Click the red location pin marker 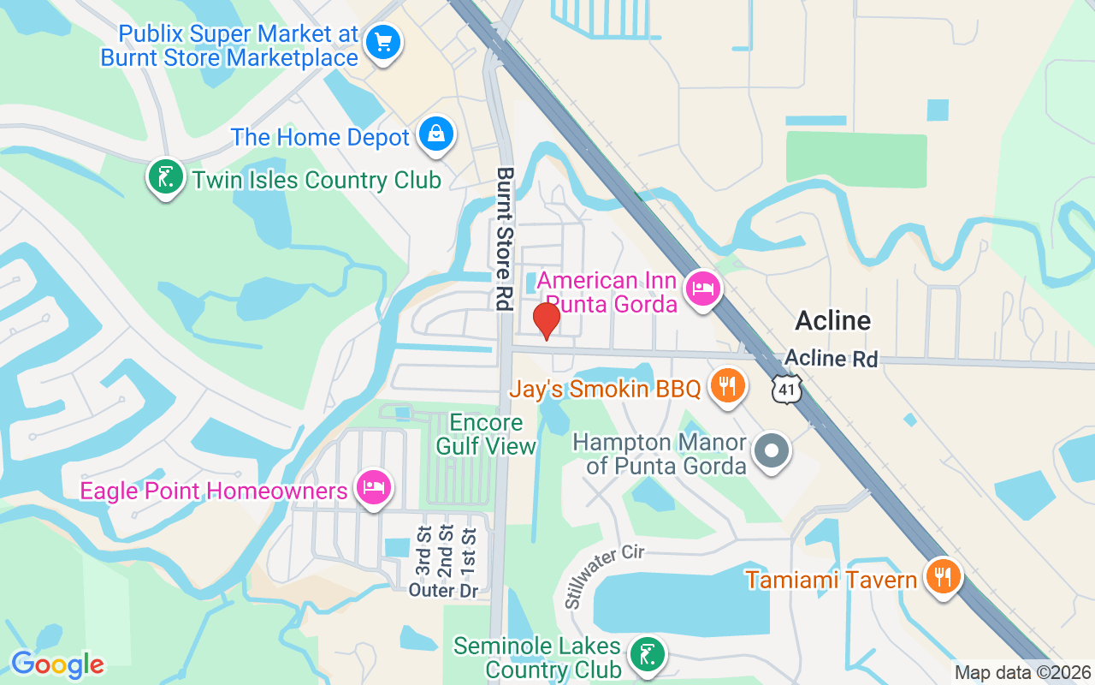[x=546, y=319]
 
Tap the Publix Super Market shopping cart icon [x=382, y=41]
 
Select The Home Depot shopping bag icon [x=436, y=134]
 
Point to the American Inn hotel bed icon [x=702, y=287]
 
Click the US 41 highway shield [x=784, y=389]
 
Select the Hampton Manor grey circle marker [x=772, y=450]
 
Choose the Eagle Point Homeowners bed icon [x=373, y=487]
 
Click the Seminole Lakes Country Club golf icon [x=647, y=655]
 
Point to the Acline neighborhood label [x=832, y=321]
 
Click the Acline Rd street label [x=831, y=358]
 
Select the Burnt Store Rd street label [x=504, y=239]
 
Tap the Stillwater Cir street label [x=603, y=574]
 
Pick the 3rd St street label [x=423, y=551]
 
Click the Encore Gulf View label [x=486, y=434]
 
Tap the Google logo [x=57, y=664]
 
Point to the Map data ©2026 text [x=1023, y=673]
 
